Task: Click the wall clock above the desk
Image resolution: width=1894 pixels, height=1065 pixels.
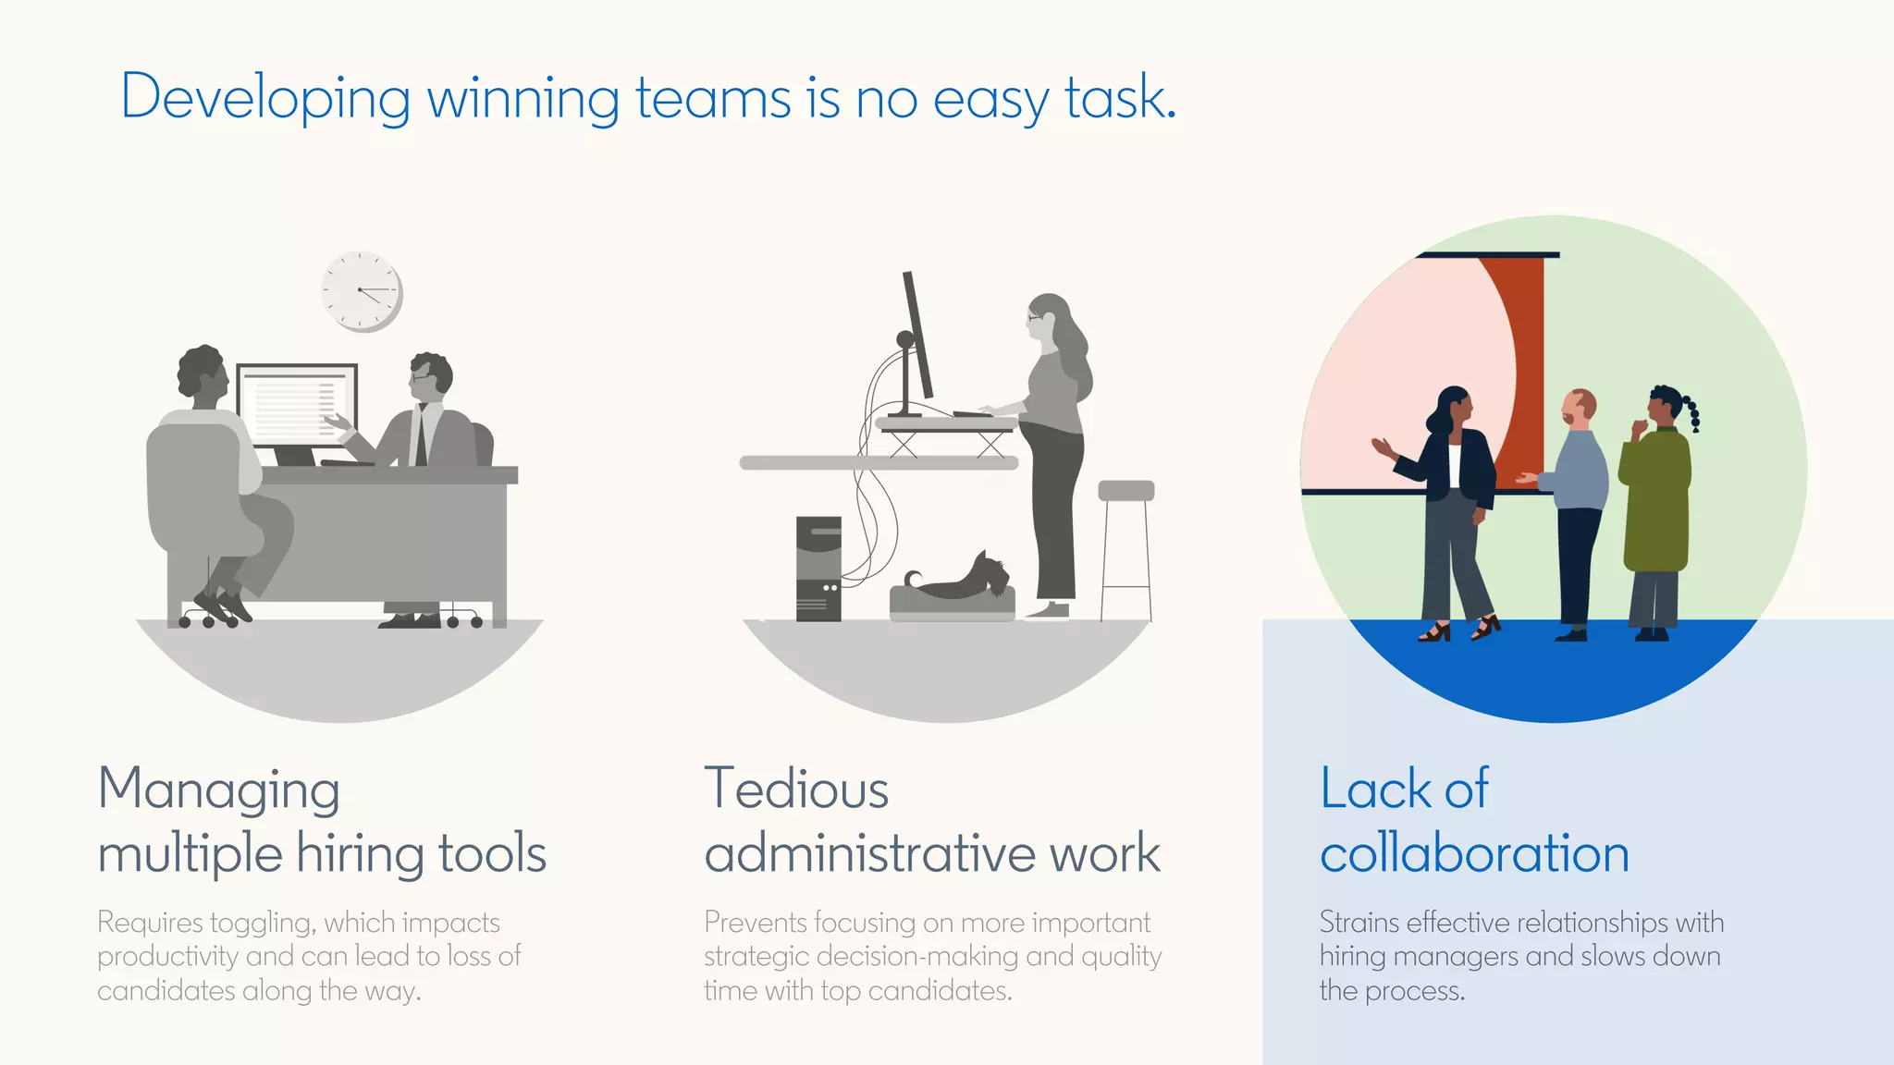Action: point(362,291)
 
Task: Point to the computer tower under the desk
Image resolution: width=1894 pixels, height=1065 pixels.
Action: point(818,569)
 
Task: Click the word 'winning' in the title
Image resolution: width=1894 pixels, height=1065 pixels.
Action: point(523,98)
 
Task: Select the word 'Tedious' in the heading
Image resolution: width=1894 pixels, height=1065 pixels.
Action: point(796,790)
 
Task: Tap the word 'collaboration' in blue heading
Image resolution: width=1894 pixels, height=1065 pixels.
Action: point(1474,853)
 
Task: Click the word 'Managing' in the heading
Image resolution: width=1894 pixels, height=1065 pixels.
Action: point(219,791)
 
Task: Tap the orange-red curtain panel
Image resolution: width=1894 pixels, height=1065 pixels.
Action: point(1517,370)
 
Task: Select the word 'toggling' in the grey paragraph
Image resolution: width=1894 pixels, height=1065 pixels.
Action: point(263,924)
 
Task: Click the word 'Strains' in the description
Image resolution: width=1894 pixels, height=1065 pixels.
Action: point(1360,923)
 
